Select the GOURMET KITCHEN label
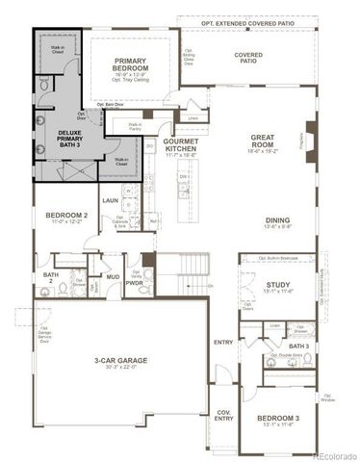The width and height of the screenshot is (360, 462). click(181, 144)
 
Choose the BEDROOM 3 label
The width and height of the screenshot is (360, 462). click(279, 418)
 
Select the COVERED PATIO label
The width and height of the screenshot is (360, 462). click(248, 55)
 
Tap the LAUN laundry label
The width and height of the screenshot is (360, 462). click(110, 200)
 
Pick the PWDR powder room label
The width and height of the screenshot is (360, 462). click(134, 283)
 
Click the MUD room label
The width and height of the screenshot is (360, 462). click(113, 277)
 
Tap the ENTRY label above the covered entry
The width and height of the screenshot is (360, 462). click(223, 342)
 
